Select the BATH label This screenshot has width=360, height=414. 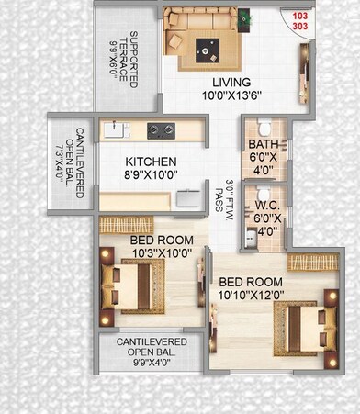(x=263, y=144)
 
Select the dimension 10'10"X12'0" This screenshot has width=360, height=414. (x=252, y=295)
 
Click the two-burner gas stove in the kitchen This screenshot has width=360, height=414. (x=160, y=129)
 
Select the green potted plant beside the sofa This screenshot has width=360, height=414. (x=244, y=17)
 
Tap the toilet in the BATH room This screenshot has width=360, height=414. (x=264, y=126)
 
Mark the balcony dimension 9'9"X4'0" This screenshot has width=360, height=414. (x=152, y=361)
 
